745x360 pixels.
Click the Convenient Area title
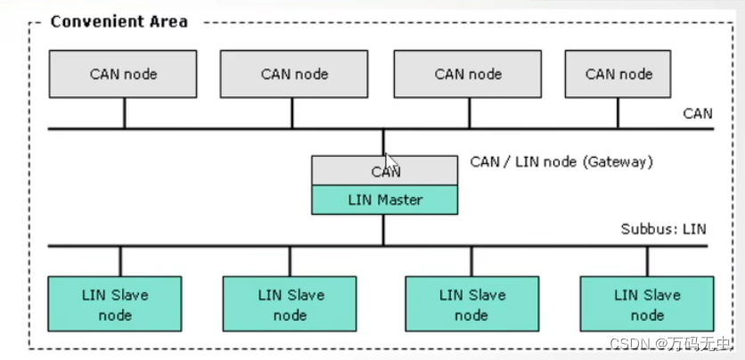[x=119, y=20]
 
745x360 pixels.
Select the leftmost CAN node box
[x=123, y=74]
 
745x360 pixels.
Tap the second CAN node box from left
[x=294, y=74]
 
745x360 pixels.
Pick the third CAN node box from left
[x=468, y=74]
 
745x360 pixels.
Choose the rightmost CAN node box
[x=618, y=74]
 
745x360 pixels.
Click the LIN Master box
[x=384, y=200]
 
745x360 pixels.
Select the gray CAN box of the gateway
[x=384, y=171]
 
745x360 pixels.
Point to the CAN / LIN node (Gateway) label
[x=561, y=162]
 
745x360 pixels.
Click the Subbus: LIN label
[x=663, y=229]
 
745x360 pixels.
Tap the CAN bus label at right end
[x=697, y=114]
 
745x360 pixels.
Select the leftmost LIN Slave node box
[x=115, y=305]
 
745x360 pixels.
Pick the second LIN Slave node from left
[x=290, y=305]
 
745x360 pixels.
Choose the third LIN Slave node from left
[x=471, y=305]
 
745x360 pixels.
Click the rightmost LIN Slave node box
[x=647, y=305]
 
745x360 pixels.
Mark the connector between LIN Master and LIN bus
[x=384, y=230]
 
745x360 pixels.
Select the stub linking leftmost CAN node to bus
[x=124, y=113]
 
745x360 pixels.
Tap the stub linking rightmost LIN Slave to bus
[x=647, y=261]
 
